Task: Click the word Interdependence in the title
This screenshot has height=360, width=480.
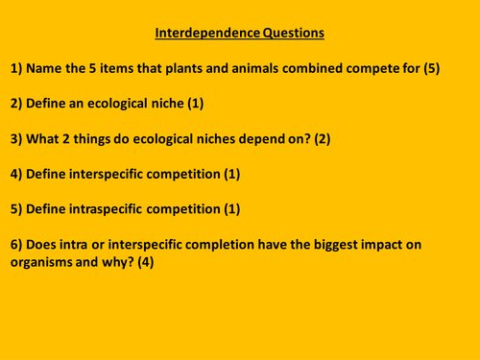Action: (x=203, y=34)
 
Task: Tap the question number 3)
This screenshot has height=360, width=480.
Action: (x=17, y=139)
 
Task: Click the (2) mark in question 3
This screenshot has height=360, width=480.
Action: (x=320, y=139)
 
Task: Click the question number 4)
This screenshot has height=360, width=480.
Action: (x=17, y=174)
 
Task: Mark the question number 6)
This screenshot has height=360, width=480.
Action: (x=17, y=245)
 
